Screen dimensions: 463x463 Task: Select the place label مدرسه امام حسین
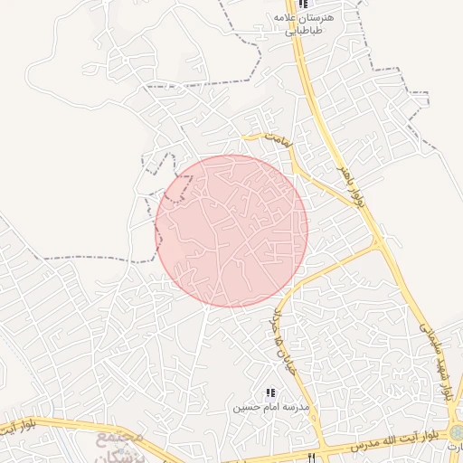point(270,407)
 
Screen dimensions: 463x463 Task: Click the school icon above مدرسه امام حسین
point(269,392)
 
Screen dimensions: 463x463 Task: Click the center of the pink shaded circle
point(231,231)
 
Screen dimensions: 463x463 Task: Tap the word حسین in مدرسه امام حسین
point(250,408)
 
